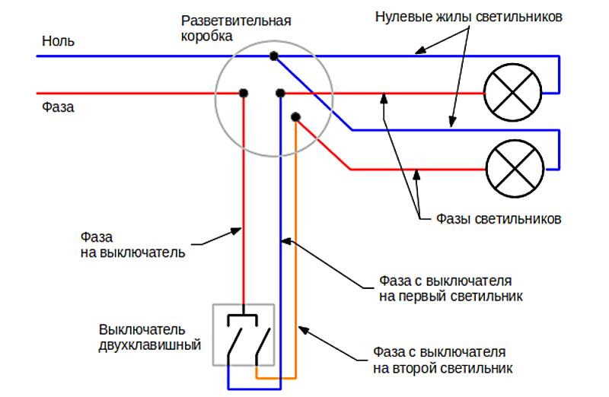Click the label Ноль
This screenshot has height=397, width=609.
tap(58, 41)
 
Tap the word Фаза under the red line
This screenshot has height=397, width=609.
tap(58, 107)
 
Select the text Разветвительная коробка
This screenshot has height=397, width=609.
tap(236, 28)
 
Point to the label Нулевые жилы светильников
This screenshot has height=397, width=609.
tap(469, 17)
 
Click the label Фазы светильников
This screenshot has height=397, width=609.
tap(499, 219)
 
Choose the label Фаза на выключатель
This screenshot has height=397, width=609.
tap(132, 245)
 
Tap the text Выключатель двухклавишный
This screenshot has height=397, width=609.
tap(150, 337)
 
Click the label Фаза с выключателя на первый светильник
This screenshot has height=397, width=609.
tap(451, 288)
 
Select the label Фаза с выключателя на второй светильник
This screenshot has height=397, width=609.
tap(443, 360)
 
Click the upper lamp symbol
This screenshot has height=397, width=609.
tap(512, 92)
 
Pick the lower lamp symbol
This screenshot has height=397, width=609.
tap(515, 169)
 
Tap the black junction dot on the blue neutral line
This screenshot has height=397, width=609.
tap(274, 56)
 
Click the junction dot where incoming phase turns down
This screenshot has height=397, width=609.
tap(244, 93)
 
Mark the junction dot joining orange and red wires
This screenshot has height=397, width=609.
tap(295, 117)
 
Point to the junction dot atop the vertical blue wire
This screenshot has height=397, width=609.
tap(280, 93)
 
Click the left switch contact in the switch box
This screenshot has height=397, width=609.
tap(234, 341)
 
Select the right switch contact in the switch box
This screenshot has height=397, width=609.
tap(263, 341)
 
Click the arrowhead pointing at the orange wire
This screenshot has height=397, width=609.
tap(303, 330)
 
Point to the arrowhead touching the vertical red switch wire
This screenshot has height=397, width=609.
tap(236, 231)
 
